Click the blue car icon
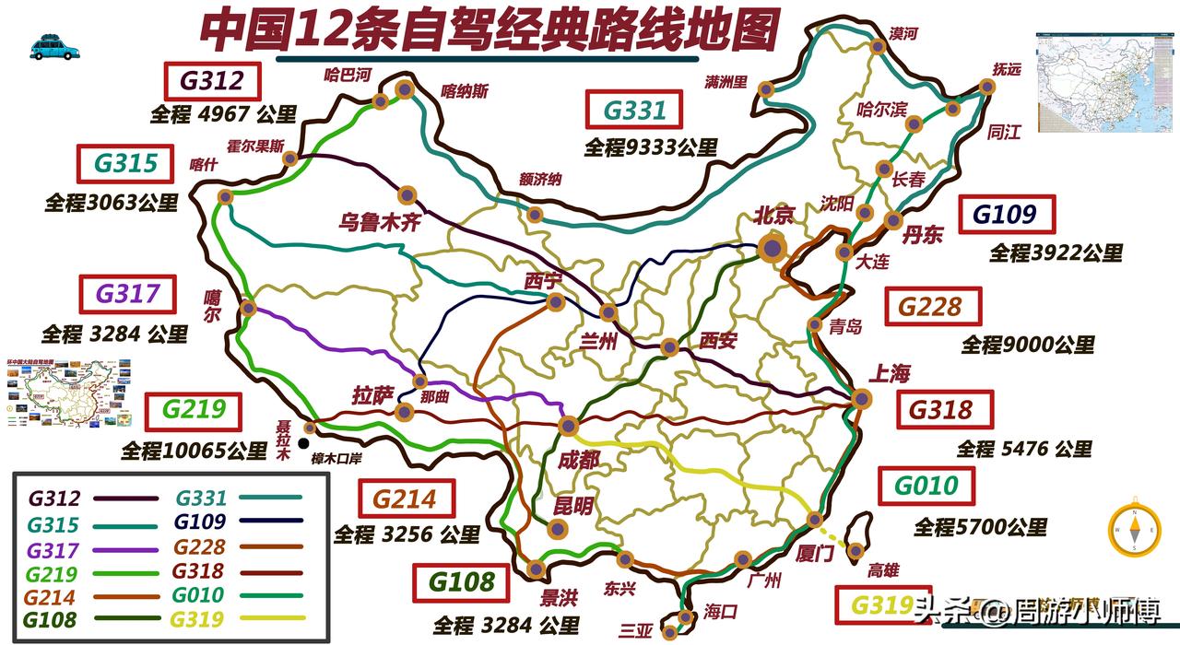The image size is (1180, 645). (54, 47)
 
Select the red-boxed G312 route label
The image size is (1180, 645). (212, 81)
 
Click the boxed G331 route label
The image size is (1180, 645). (634, 111)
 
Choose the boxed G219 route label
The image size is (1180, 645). (193, 411)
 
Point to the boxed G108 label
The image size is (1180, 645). (462, 582)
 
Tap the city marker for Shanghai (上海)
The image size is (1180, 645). (861, 399)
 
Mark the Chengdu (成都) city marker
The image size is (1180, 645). (568, 426)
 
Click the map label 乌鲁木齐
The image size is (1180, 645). (380, 222)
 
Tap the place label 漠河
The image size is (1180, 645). (903, 34)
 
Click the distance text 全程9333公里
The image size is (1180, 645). (650, 147)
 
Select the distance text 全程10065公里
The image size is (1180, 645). (194, 451)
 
